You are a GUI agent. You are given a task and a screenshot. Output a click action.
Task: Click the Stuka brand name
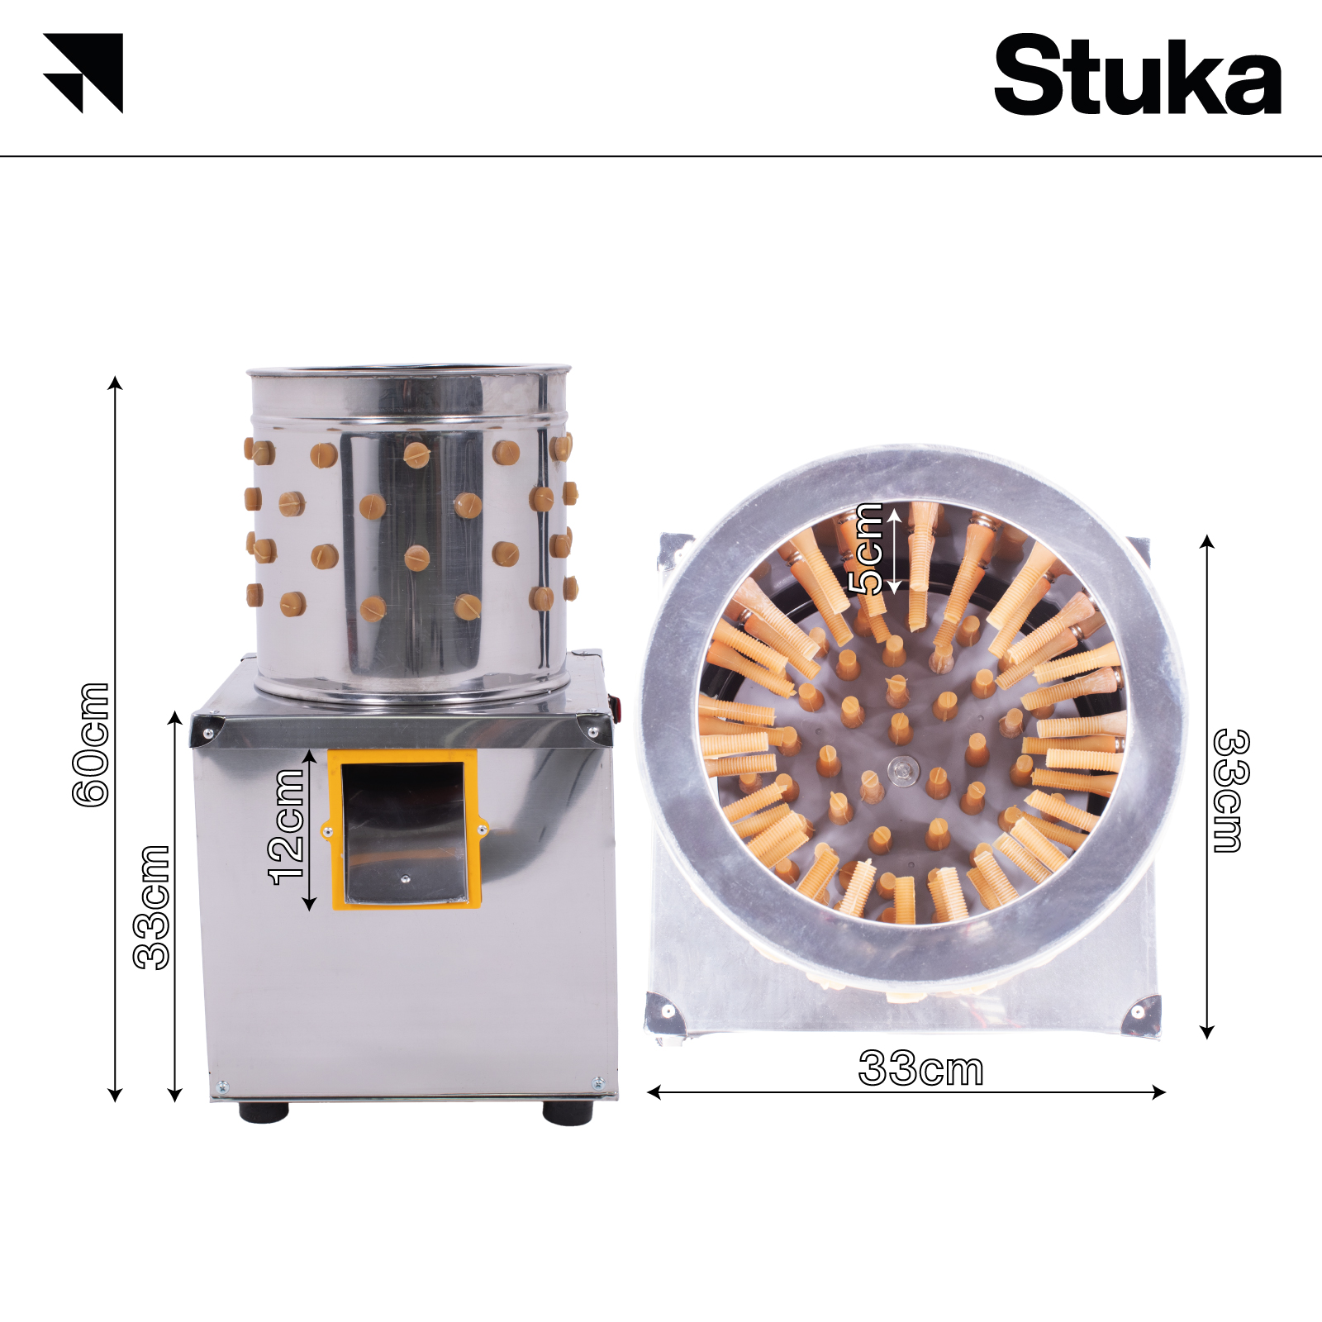click(x=1138, y=75)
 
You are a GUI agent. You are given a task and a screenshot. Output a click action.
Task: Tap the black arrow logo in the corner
click(x=83, y=73)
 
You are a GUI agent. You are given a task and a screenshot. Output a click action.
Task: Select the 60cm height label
click(x=91, y=744)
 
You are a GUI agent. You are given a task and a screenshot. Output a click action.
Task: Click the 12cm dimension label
click(x=287, y=827)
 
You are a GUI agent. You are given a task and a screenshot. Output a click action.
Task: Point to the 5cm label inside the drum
click(x=867, y=549)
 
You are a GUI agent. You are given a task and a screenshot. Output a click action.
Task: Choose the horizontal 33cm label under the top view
click(x=921, y=1068)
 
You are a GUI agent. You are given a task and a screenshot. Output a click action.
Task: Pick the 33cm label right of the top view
click(x=1231, y=790)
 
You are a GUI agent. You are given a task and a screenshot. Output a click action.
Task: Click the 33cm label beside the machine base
click(x=151, y=906)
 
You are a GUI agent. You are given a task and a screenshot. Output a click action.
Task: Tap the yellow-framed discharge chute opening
click(x=405, y=830)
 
